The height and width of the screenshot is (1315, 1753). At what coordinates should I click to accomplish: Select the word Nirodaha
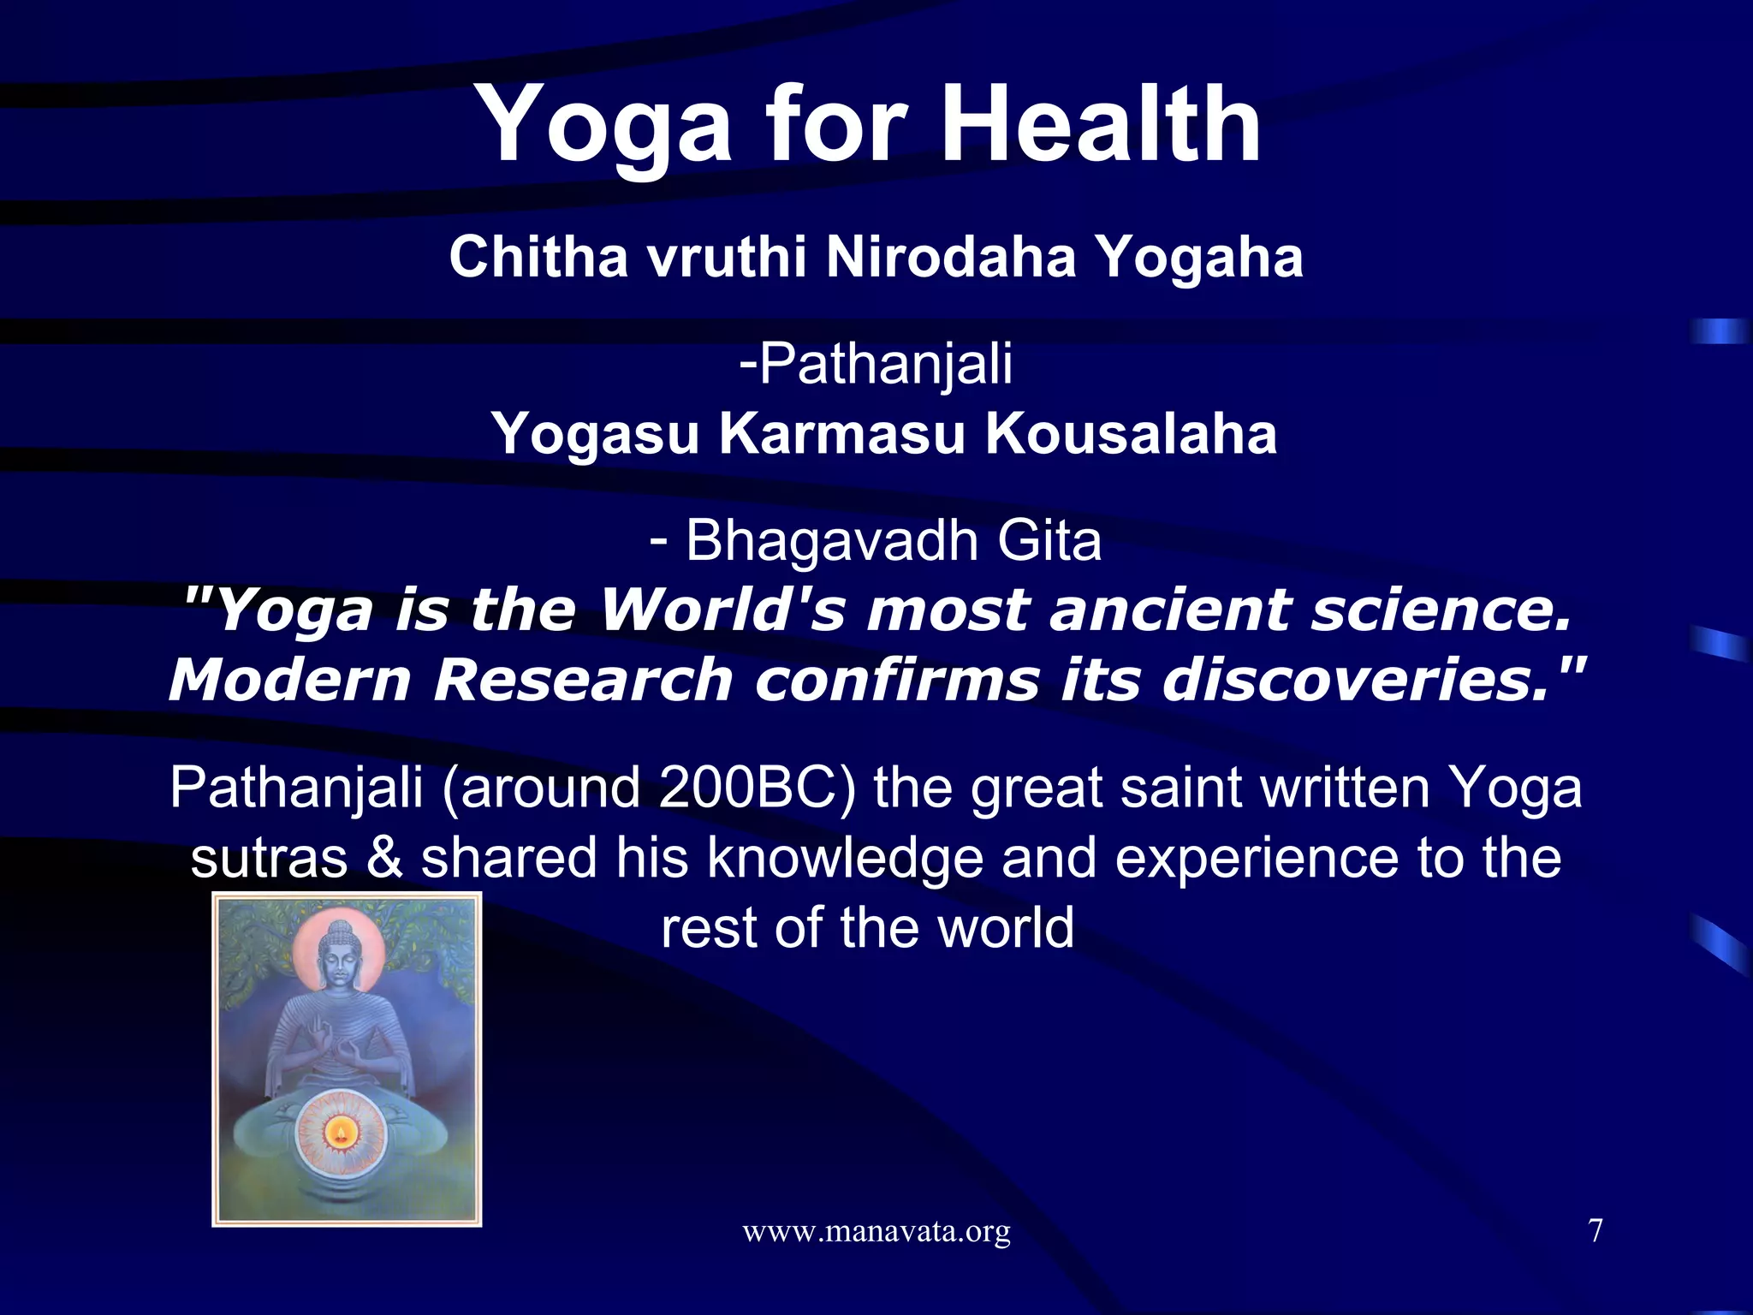point(950,257)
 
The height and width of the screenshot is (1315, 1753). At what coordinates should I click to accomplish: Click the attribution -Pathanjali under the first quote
point(876,364)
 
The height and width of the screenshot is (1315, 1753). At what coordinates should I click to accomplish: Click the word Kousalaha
point(1131,434)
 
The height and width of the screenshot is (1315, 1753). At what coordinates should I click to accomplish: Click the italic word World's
point(722,610)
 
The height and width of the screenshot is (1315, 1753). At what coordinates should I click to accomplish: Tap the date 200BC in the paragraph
point(746,788)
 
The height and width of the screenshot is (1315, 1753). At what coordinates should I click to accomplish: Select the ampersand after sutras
point(384,859)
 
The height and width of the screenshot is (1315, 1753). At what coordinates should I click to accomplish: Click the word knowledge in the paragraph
point(844,859)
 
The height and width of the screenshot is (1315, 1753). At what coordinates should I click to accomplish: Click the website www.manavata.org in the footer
point(876,1232)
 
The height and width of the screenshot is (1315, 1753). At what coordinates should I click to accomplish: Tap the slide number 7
point(1595,1231)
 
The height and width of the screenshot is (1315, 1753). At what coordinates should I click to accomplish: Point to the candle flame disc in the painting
point(341,1135)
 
